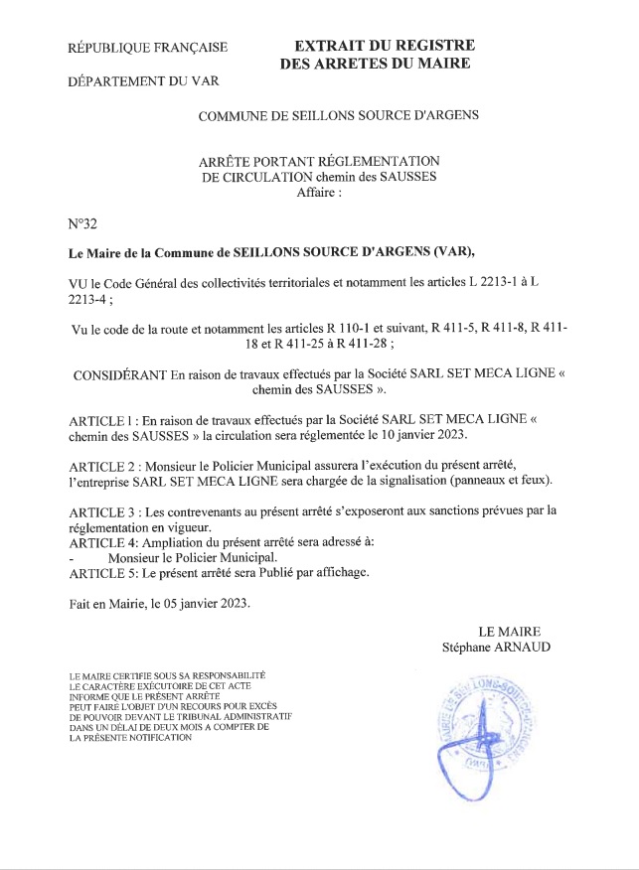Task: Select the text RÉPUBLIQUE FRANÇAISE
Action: [x=147, y=47]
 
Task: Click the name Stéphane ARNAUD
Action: [x=497, y=648]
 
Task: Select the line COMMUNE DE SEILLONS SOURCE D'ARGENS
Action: [x=338, y=114]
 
